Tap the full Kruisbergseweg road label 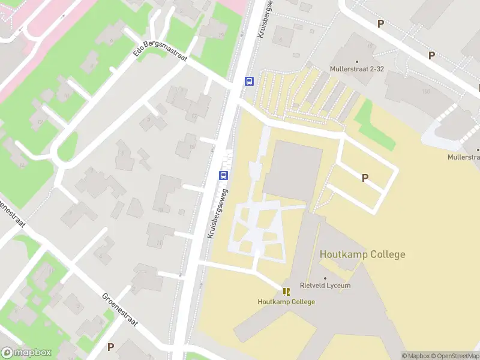click(218, 213)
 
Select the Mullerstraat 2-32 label click(356, 69)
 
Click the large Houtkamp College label click(362, 254)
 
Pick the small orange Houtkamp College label click(286, 302)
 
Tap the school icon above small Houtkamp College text click(286, 292)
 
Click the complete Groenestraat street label click(119, 310)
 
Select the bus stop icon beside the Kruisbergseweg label click(223, 175)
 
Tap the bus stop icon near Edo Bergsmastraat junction click(248, 81)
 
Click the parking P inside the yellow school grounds click(364, 178)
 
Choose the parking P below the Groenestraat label click(110, 347)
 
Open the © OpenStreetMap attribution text click(453, 356)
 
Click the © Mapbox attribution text click(415, 356)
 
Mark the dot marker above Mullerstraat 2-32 click(357, 61)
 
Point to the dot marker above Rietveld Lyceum click(326, 278)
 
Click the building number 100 click(426, 91)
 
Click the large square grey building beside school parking click(292, 170)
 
